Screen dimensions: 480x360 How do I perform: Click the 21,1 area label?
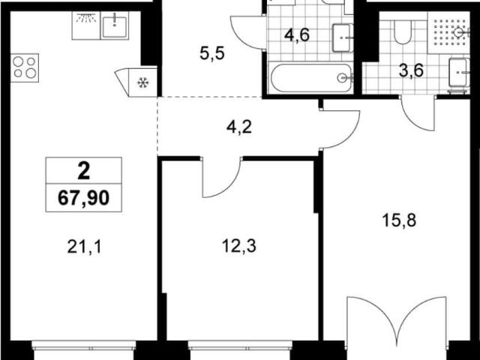[x=84, y=247]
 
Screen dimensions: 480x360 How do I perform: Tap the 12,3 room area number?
[x=239, y=246]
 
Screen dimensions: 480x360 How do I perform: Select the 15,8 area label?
[x=399, y=220]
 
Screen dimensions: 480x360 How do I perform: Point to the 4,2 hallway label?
[x=239, y=127]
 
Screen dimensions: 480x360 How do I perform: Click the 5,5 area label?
[x=212, y=53]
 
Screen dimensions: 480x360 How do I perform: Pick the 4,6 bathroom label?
[x=297, y=34]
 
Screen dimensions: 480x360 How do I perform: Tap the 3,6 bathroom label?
[x=411, y=70]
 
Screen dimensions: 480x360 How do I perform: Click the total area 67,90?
[x=83, y=198]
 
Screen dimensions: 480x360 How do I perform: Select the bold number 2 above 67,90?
[x=84, y=171]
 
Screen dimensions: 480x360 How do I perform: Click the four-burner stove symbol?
[x=25, y=68]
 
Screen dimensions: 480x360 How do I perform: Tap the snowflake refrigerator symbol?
[x=142, y=82]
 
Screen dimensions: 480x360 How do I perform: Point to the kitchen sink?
[x=115, y=27]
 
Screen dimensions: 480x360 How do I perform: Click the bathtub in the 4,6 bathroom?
[x=311, y=78]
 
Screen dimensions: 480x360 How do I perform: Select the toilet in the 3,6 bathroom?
[x=402, y=31]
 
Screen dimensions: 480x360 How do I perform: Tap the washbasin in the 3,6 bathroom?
[x=459, y=72]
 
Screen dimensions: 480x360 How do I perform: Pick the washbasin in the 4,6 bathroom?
[x=343, y=37]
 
